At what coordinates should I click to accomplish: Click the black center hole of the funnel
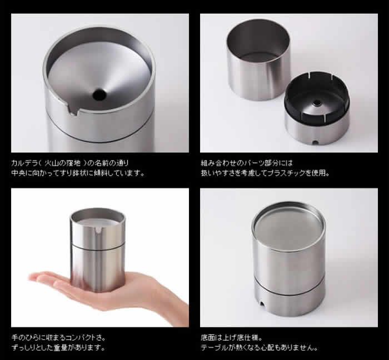99,94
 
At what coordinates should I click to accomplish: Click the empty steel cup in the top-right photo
258,59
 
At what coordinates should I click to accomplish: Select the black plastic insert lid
317,98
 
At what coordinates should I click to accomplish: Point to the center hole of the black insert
316,102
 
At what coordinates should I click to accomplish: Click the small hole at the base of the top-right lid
315,143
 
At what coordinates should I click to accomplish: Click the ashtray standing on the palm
97,250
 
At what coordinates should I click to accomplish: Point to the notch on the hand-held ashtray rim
99,230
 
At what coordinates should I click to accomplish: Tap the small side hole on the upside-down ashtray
262,303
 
